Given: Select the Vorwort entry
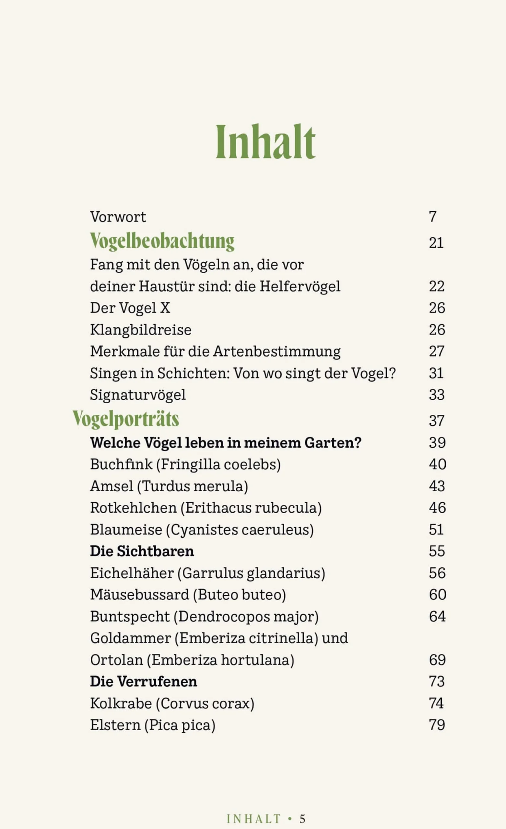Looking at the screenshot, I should click(x=118, y=217).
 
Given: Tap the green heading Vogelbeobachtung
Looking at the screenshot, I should click(x=162, y=242).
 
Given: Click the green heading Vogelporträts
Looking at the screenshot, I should click(x=126, y=419).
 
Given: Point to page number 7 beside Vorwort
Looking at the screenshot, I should click(x=432, y=217).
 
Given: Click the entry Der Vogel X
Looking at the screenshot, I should click(x=130, y=308).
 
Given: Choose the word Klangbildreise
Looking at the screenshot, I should click(x=140, y=330).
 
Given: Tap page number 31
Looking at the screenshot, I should click(x=436, y=373).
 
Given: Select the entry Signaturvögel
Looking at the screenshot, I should click(x=138, y=395).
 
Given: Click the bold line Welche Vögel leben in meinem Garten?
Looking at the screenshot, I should click(x=225, y=443).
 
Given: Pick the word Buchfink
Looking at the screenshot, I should click(x=121, y=464).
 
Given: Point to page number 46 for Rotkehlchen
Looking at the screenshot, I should click(x=437, y=508).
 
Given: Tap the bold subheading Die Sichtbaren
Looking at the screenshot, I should click(x=142, y=551).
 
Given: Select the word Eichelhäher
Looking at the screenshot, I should click(x=132, y=573).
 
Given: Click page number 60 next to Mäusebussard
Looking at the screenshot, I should click(x=437, y=595).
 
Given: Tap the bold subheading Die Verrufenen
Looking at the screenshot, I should click(x=144, y=682).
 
